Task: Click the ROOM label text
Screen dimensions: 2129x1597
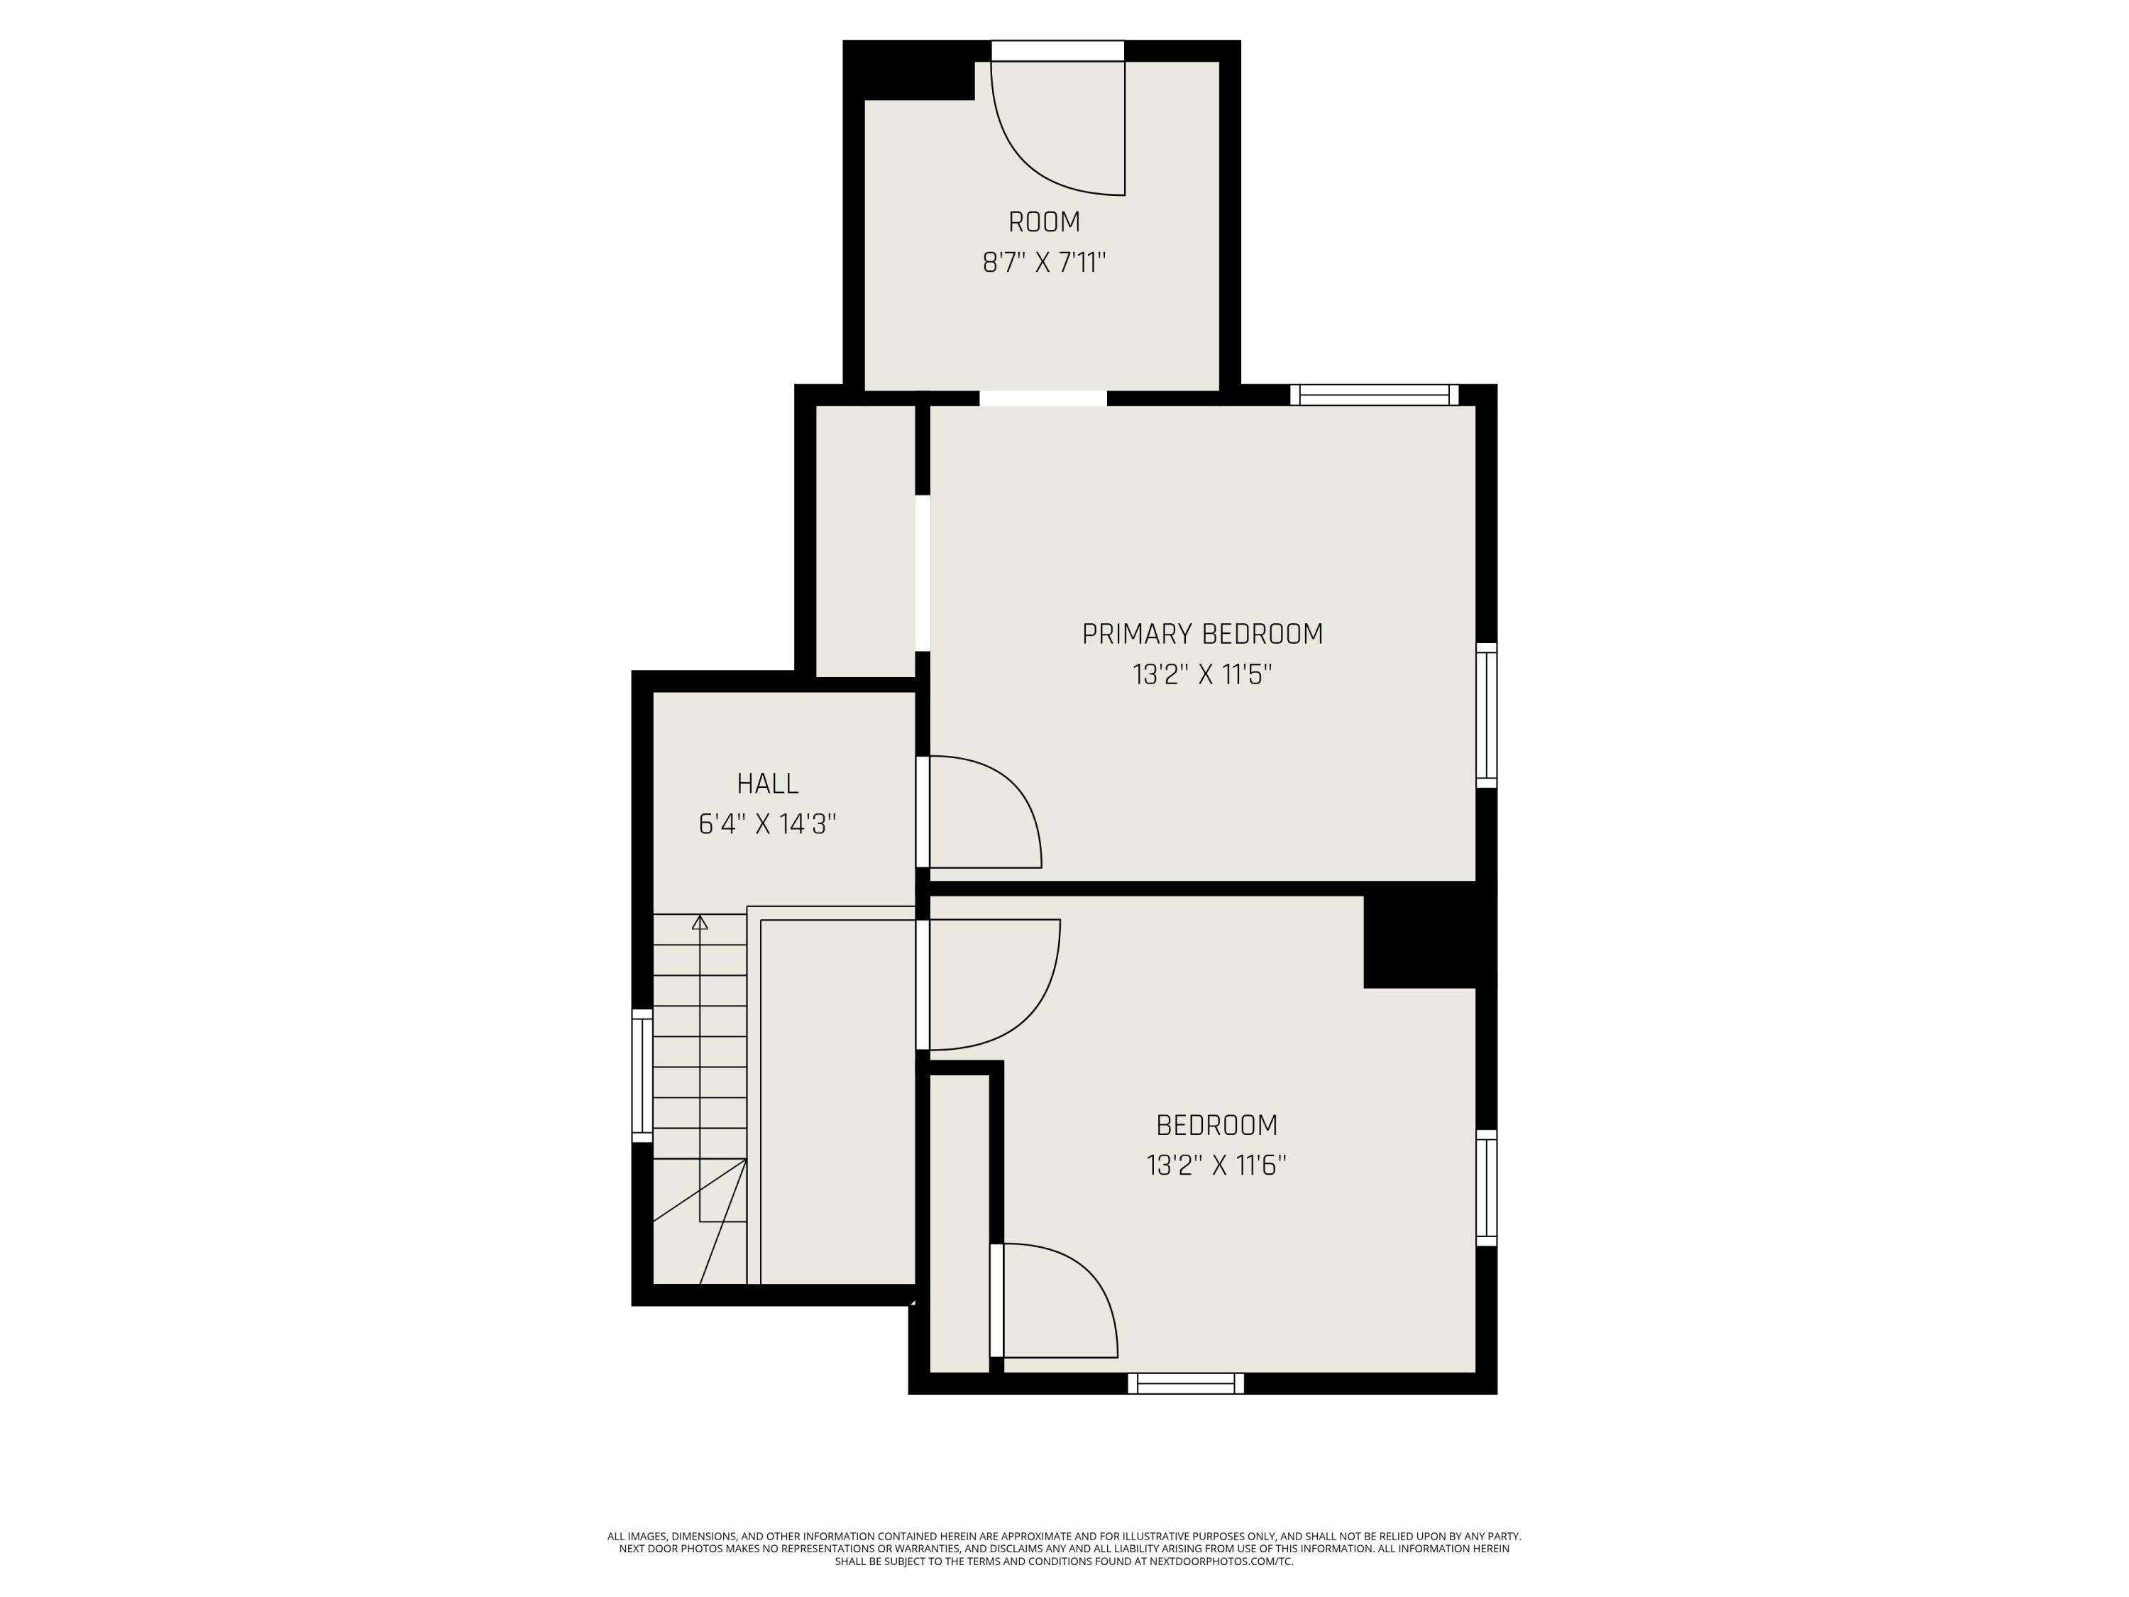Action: pos(1045,222)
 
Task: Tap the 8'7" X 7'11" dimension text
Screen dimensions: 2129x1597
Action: pos(1045,263)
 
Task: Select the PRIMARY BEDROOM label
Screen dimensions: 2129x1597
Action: pos(1202,635)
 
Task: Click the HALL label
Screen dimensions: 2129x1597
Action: pos(768,784)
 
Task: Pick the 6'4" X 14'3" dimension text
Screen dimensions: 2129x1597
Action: pos(767,825)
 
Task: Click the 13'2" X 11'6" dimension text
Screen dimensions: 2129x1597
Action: pos(1216,1165)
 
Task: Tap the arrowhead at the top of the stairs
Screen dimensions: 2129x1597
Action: pos(700,922)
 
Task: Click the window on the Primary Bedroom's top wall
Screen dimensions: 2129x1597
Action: pos(1375,395)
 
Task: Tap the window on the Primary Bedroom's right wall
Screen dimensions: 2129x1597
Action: pos(1486,715)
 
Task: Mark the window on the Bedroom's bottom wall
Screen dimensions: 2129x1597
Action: pos(1186,1383)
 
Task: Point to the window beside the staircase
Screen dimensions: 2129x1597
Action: pos(642,1075)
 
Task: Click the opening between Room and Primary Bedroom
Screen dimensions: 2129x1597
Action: pos(1043,398)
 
